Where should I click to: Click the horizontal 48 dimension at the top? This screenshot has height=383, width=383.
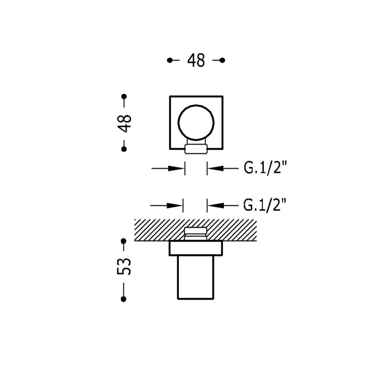pyautogui.click(x=196, y=60)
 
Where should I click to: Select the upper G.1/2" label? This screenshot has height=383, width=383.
pyautogui.click(x=265, y=168)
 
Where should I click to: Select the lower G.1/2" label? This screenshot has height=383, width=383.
pyautogui.click(x=264, y=205)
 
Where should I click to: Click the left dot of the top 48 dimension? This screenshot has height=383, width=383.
pyautogui.click(x=170, y=60)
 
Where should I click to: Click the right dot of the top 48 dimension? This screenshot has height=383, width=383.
pyautogui.click(x=222, y=60)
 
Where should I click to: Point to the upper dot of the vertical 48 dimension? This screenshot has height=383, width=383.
pyautogui.click(x=124, y=96)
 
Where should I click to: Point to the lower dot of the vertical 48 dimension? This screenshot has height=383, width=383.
pyautogui.click(x=124, y=149)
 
